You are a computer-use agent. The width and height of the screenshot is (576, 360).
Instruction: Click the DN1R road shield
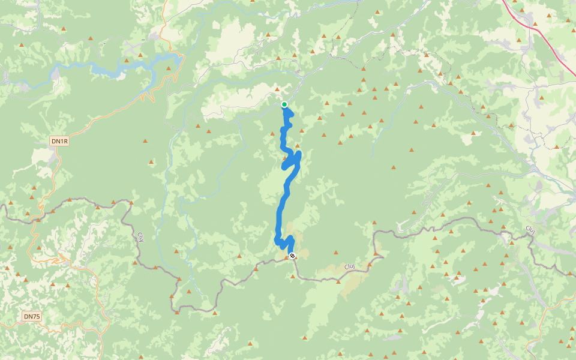tap(59, 141)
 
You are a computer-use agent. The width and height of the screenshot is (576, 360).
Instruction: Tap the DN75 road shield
tap(32, 316)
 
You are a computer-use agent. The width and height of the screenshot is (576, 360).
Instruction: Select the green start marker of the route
tap(284, 104)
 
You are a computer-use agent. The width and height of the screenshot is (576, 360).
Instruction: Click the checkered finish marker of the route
tap(292, 256)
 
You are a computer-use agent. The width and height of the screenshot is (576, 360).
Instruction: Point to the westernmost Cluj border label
tap(142, 236)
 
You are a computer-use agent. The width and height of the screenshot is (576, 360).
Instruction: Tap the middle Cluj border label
tap(350, 266)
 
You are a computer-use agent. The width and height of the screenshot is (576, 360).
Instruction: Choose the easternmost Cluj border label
tap(530, 229)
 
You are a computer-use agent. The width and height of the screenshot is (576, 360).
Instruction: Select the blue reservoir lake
tap(120, 67)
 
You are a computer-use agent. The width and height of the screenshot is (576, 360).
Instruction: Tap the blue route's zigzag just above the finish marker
tap(284, 242)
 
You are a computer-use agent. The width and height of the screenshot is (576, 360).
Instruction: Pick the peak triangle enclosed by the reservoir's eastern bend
tap(169, 69)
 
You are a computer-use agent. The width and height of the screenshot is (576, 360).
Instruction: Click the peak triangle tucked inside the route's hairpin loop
tap(286, 158)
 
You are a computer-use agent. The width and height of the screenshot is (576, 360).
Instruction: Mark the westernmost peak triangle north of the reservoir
tap(22, 44)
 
